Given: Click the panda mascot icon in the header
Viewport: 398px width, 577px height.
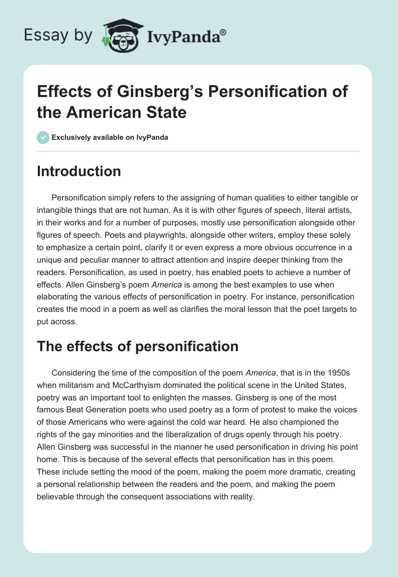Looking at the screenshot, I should coord(121,35).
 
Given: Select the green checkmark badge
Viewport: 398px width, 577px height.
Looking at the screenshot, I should coord(43,137).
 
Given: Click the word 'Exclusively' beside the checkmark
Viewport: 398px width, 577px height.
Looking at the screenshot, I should coord(71,138).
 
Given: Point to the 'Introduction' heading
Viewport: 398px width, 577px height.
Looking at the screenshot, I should coord(79,172).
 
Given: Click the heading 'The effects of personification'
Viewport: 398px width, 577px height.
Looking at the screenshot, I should coord(138,347).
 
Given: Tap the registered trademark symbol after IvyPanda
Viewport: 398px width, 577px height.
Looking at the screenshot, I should coord(223,32).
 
